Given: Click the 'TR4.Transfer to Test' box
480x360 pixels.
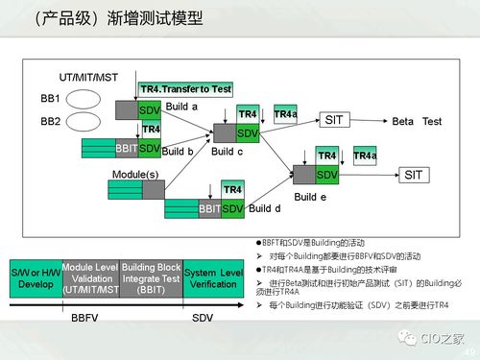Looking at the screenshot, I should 185,88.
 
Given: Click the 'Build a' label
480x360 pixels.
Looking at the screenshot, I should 181,107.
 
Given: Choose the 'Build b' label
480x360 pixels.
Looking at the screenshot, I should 178,152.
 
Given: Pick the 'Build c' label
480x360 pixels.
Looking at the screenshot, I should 227,152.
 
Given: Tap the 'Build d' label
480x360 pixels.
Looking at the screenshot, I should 264,208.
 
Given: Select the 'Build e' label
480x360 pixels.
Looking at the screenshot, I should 310,197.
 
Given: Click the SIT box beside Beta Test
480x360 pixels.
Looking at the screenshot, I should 333,121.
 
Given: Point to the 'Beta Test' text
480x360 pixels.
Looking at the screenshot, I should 417,122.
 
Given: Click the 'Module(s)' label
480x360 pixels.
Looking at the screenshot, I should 135,173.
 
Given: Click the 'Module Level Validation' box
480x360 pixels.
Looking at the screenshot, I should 90,278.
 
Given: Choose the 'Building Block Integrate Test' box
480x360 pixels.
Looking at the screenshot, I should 150,278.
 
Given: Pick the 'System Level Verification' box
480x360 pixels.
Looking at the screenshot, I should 214,278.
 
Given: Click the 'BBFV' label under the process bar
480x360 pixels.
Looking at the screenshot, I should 85,316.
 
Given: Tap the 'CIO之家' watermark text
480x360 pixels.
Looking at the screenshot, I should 443,337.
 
